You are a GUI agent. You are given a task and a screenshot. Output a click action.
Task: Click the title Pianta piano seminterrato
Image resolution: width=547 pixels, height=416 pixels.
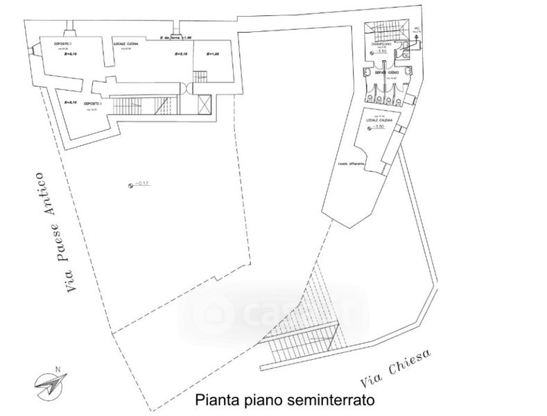284,400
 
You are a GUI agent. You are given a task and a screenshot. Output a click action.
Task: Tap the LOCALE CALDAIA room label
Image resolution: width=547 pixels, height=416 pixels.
379,121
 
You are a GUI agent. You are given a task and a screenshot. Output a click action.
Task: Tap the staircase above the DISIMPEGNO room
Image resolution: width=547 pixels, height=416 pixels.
384,30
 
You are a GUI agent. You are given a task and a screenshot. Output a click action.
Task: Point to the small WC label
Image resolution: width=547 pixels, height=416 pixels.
417,29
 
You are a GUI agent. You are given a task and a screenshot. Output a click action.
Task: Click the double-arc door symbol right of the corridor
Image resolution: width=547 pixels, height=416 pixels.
186,86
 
